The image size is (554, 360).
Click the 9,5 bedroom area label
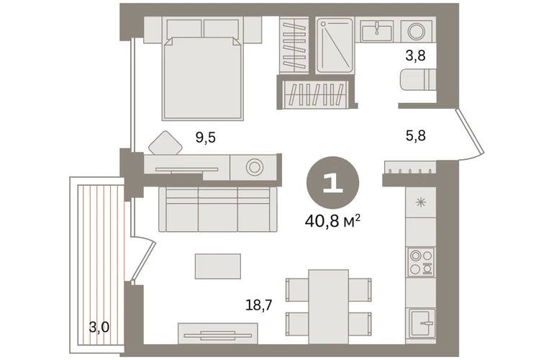pos(205,137)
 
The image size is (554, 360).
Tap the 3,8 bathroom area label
pos(415,55)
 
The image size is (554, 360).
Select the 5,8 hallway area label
pos(416,135)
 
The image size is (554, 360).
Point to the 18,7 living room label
pos(259,305)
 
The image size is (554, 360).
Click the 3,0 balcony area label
pos(99,328)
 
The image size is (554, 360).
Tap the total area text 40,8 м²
pos(332,222)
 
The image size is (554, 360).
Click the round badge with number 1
pos(332,183)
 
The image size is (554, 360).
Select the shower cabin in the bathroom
pos(335,45)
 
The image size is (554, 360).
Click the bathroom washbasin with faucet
pos(377,31)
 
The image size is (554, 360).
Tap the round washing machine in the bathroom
pos(417,31)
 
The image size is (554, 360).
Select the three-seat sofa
pos(217,210)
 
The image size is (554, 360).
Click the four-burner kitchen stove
pos(420,261)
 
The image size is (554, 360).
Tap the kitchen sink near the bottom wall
pos(422,323)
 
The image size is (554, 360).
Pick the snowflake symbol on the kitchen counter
pos(420,202)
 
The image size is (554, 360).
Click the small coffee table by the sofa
pos(218,266)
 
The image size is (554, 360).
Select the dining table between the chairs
pos(329,307)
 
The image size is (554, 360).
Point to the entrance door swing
pos(470,135)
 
